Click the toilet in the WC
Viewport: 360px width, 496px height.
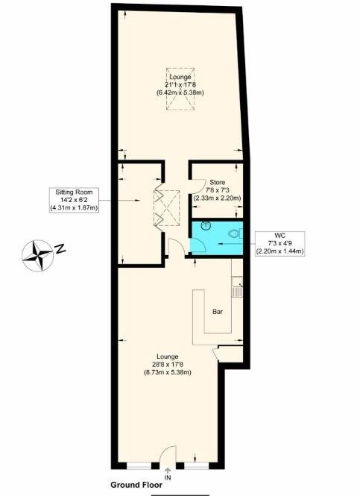click(234, 233)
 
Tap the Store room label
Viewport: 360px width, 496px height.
click(217, 181)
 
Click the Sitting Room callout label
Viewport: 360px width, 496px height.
click(73, 199)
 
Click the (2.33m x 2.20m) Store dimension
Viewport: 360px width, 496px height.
click(217, 199)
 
